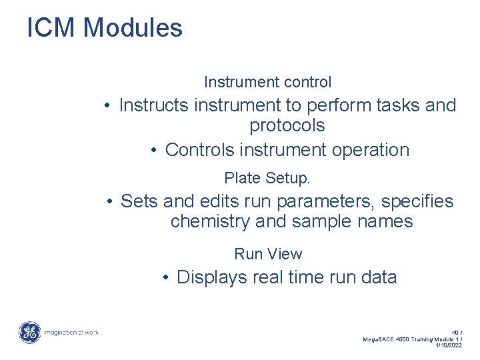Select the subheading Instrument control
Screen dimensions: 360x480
[267, 82]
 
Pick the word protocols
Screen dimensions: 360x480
[287, 126]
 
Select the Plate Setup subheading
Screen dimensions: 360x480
[267, 179]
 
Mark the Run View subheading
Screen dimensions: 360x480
[268, 254]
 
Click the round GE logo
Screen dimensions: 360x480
[29, 333]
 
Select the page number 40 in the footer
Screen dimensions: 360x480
[455, 332]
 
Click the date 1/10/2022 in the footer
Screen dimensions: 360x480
[449, 346]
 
